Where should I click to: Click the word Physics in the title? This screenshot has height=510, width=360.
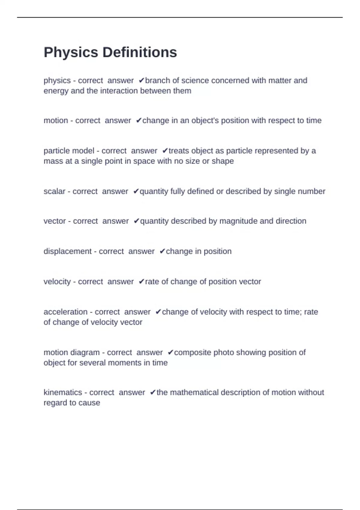pos(71,52)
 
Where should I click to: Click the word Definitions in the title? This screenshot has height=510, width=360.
pos(140,52)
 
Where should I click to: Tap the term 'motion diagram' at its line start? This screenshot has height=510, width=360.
pos(71,352)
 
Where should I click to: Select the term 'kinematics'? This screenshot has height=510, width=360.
pos(62,392)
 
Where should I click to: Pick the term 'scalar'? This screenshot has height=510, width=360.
pos(54,191)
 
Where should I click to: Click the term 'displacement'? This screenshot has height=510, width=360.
pos(67,251)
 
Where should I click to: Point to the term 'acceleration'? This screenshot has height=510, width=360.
pos(65,312)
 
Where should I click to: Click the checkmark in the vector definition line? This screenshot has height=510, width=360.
pos(136,221)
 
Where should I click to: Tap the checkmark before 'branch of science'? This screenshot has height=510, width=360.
pos(142,81)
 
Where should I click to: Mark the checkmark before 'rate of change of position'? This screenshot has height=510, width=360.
pos(142,282)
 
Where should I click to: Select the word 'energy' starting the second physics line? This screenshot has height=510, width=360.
pos(56,91)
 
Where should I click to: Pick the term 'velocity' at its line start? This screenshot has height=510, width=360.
pos(57,282)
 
